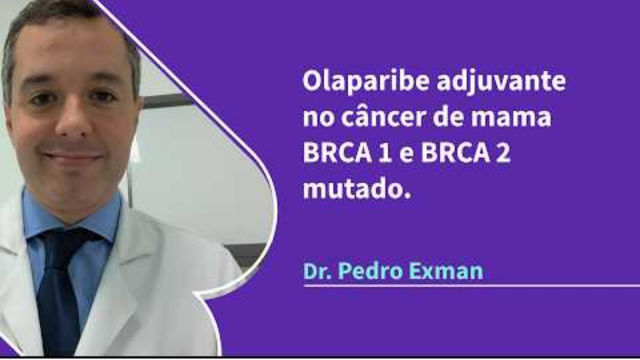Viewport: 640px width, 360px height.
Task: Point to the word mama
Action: coord(520,118)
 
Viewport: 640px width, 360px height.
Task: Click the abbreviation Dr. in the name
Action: coord(319,270)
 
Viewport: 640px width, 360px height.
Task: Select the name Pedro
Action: coord(374,270)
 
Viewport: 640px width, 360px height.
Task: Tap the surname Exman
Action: coord(446,270)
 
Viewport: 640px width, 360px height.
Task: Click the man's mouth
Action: coord(71,158)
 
